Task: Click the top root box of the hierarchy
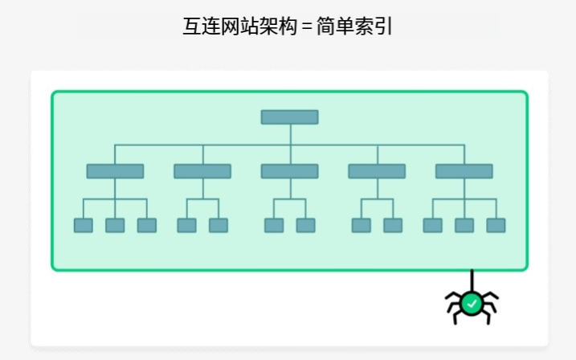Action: (289, 117)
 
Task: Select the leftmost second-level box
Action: (115, 171)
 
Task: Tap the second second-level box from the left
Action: (202, 171)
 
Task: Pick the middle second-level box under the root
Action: (289, 171)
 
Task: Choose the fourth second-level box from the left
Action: (377, 171)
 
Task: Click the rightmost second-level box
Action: (464, 171)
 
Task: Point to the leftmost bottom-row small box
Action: (84, 225)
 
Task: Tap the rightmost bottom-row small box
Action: (496, 225)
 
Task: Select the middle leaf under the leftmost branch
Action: (115, 225)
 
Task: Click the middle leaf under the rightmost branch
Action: (464, 225)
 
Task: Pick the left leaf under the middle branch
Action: (274, 225)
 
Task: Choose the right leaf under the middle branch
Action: (305, 225)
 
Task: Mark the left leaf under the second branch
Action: (186, 225)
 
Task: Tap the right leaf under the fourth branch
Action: (393, 225)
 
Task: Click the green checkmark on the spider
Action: (472, 303)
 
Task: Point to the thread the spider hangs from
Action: (472, 280)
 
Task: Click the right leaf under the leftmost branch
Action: (146, 225)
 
